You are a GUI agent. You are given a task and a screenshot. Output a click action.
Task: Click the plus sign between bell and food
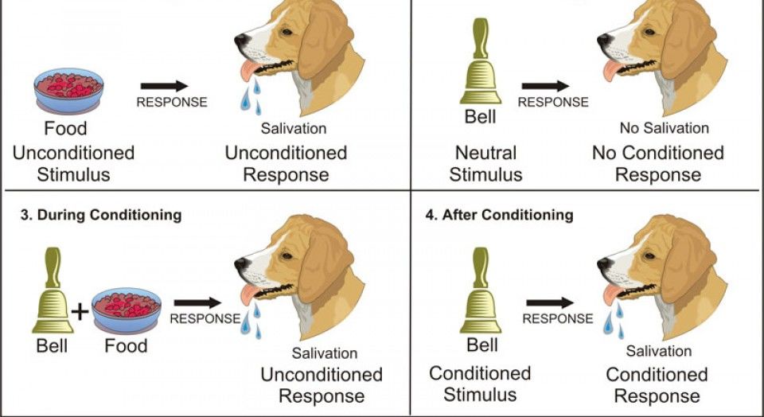tap(80, 310)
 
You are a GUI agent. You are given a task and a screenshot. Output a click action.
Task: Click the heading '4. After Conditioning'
tap(508, 215)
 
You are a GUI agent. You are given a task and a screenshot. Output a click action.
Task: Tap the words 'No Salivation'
tap(664, 127)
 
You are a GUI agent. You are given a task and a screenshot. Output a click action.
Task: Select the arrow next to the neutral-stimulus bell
tap(545, 85)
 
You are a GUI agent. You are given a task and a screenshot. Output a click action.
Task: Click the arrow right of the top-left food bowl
tap(164, 85)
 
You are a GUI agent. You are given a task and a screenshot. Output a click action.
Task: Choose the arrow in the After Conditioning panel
tap(550, 302)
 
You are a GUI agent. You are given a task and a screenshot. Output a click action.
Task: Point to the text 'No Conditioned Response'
tap(657, 163)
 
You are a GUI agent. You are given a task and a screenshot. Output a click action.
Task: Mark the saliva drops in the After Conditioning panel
tap(611, 318)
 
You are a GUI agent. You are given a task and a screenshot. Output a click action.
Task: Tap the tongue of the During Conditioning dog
tap(248, 295)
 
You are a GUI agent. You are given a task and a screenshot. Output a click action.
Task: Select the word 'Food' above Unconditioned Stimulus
tap(66, 127)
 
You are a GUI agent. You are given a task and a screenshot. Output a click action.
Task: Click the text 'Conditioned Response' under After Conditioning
tap(657, 384)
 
